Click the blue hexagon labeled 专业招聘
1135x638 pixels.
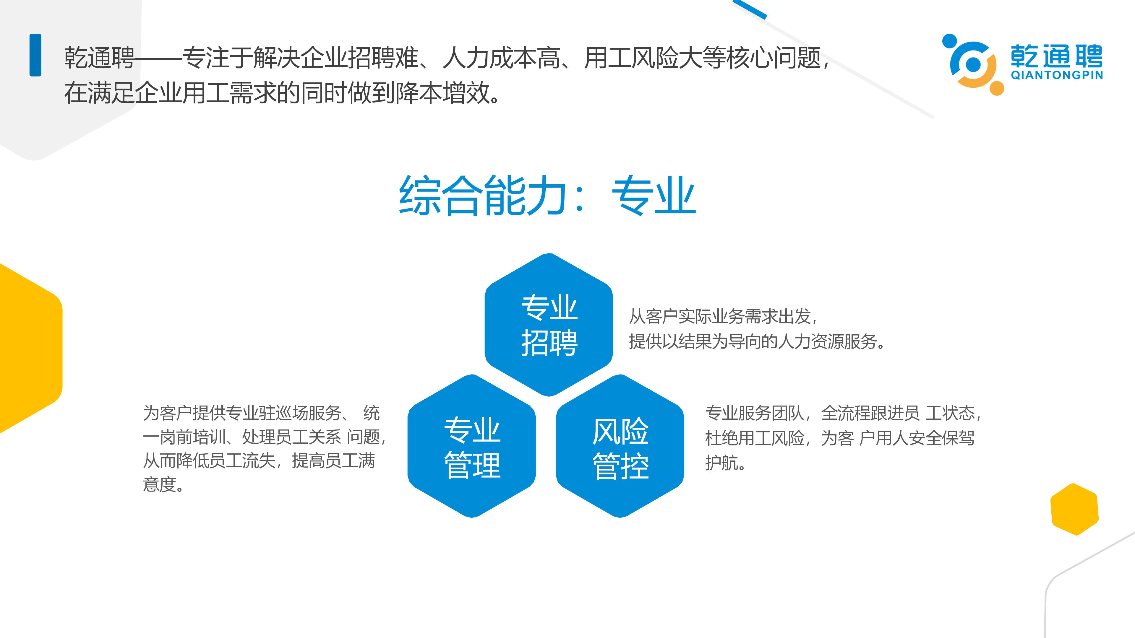coord(549,325)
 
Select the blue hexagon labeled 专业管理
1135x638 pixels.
coord(471,446)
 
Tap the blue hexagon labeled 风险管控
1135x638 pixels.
coord(620,446)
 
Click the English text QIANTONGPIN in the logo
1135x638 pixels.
coord(1057,75)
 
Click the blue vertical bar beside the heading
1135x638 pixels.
coord(35,55)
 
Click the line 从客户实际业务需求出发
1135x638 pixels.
coord(723,316)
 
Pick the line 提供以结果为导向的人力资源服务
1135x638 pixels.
coord(757,341)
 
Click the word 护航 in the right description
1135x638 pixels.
coord(725,462)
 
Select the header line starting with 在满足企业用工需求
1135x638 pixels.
coord(282,93)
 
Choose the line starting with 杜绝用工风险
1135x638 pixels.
coord(839,438)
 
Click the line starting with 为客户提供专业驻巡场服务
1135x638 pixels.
coord(261,413)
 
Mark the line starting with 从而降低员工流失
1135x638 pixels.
coord(259,460)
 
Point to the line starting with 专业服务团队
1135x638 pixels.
coord(843,413)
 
